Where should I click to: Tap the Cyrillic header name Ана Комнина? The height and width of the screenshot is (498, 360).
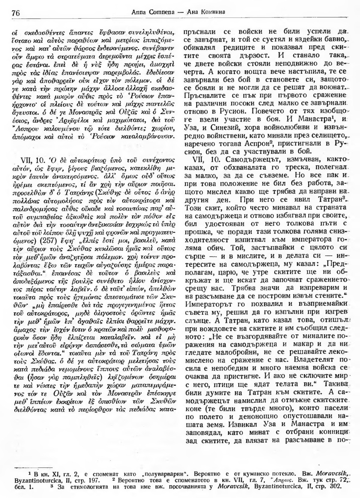(205, 13)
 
